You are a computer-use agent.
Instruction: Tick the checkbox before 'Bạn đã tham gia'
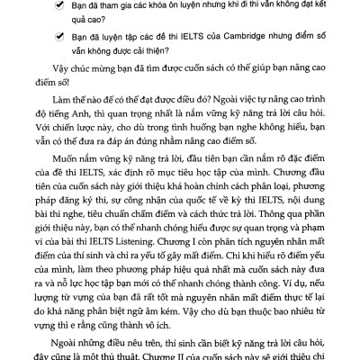58,9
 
